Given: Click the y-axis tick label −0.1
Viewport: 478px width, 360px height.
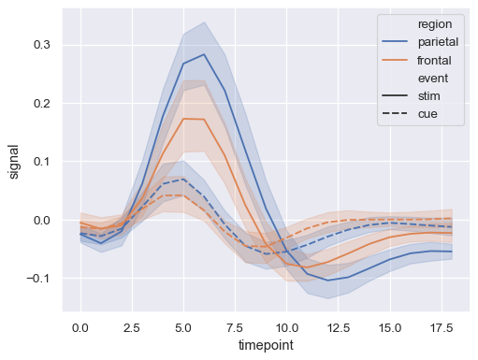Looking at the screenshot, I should [40, 279].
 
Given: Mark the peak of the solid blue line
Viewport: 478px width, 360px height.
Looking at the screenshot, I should [204, 54].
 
